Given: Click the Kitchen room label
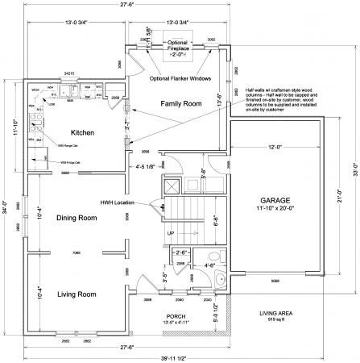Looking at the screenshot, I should [x=84, y=132].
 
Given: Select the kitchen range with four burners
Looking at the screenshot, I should [x=35, y=123].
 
